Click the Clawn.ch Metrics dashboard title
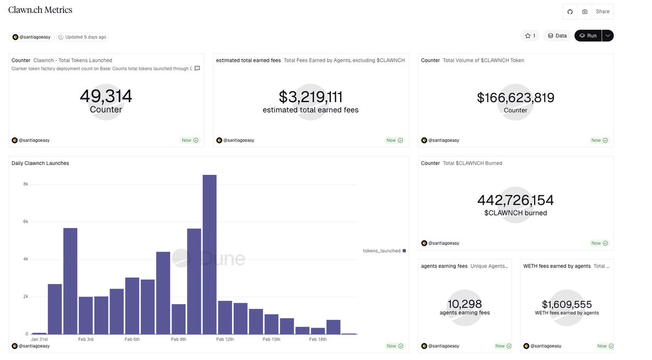[40, 10]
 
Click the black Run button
[588, 36]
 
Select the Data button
[557, 36]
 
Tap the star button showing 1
[530, 36]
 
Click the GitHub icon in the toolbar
[570, 11]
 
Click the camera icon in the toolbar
[585, 11]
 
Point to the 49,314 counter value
[106, 96]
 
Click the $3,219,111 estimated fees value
[310, 97]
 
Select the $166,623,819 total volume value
[516, 98]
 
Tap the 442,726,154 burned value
[516, 200]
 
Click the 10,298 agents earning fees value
[465, 304]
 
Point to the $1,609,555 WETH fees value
[567, 305]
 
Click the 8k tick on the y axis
[25, 184]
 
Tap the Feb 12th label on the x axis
[225, 339]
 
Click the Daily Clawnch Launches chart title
[40, 163]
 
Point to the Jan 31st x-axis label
[40, 339]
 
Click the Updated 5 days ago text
[85, 37]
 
